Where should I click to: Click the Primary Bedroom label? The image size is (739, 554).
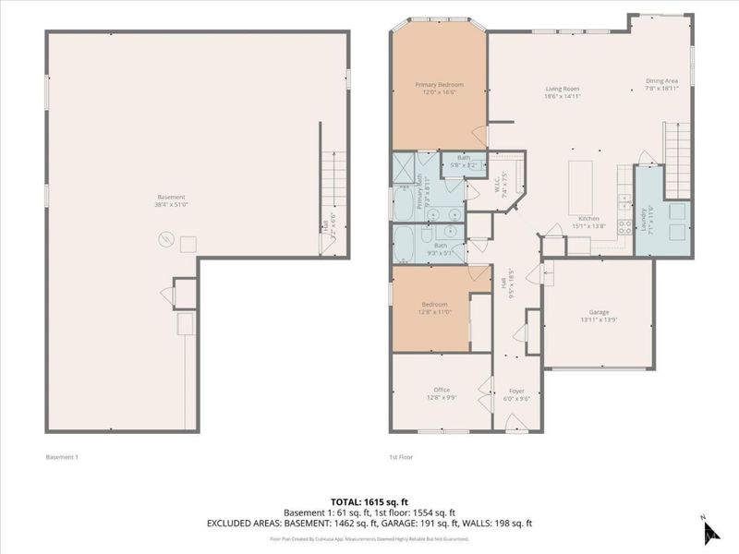click(x=439, y=84)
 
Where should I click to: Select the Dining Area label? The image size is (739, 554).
click(x=662, y=81)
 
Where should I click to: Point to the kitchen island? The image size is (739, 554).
click(x=579, y=186)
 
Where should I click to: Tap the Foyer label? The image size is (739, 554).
click(x=516, y=391)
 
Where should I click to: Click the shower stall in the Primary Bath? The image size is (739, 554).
click(x=405, y=167)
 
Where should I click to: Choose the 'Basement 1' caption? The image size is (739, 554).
click(x=62, y=456)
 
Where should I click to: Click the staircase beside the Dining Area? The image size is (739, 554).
click(x=678, y=148)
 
